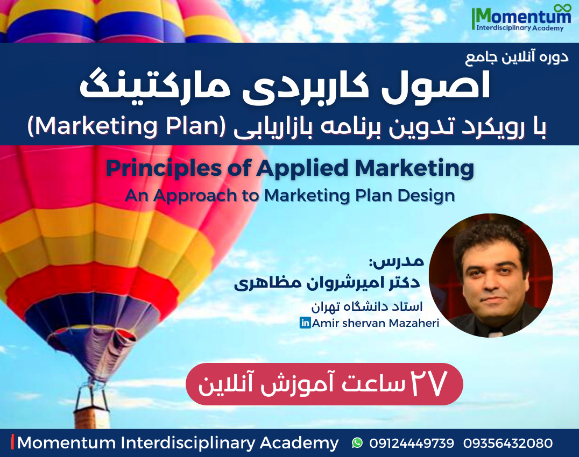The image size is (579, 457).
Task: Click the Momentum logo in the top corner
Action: coord(521,18)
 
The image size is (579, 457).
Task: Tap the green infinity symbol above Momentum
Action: coord(562,8)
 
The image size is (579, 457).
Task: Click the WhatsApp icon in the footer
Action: coord(357,442)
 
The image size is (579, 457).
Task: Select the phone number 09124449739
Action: coord(411,443)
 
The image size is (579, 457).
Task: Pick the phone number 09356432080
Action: coord(508,443)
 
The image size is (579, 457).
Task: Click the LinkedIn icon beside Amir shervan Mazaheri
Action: coord(305,323)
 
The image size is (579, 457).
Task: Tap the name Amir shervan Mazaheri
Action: coord(376,323)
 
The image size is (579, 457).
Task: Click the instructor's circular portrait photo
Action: coord(491,275)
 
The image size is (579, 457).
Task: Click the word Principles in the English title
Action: coord(164,169)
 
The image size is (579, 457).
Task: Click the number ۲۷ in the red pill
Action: coord(429,383)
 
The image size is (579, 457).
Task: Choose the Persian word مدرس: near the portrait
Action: coord(397,261)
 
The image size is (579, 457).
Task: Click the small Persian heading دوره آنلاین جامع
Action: coord(517,57)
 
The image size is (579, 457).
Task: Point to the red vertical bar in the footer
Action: coord(13,442)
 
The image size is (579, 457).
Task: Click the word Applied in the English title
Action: coord(302,169)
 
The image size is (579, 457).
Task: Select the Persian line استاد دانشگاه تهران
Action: coord(366,306)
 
